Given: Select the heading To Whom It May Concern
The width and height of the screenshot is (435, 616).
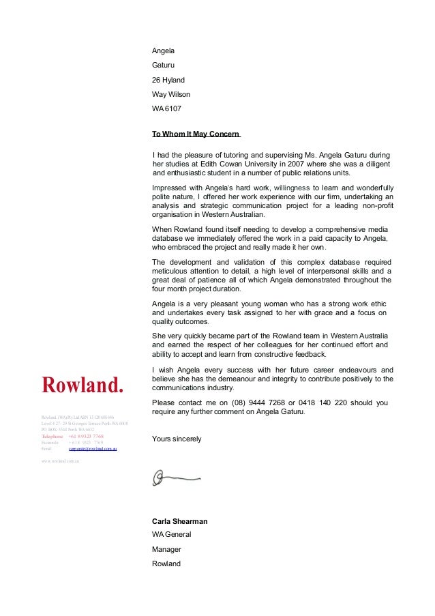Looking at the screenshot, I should tap(196, 133).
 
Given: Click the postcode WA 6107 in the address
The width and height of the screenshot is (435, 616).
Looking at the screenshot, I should tap(166, 108).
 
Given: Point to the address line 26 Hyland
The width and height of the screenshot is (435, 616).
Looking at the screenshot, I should tap(168, 80).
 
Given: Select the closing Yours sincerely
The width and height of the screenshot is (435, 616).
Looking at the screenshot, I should tap(177, 439).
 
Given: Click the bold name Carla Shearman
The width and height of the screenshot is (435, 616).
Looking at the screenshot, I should tap(179, 521).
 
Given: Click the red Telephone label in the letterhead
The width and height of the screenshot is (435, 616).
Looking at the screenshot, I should tap(52, 436).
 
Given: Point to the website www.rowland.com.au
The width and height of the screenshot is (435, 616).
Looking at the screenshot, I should tap(61, 462).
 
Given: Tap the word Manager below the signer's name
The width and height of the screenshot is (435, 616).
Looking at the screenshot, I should tap(167, 548).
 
